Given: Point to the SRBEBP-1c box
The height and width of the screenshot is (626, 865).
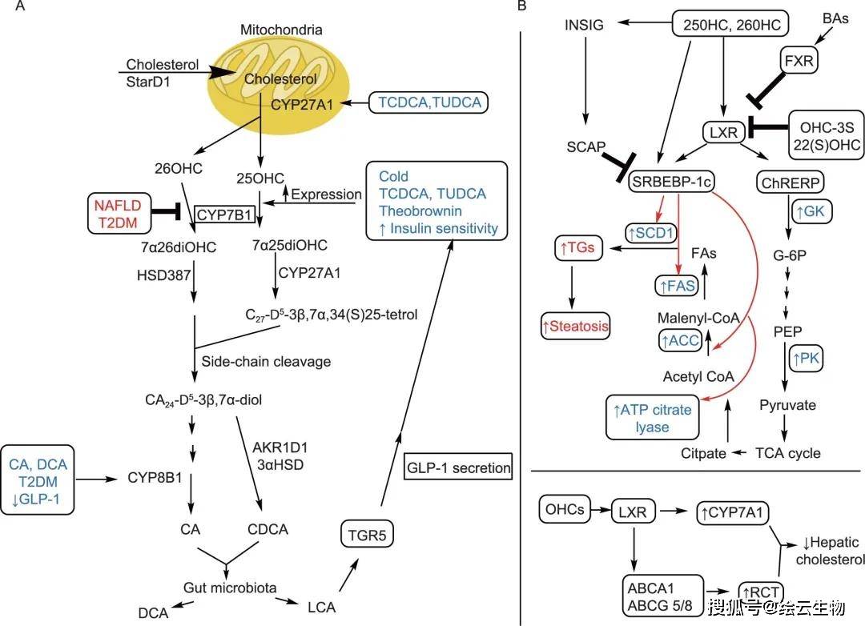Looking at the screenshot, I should [671, 183].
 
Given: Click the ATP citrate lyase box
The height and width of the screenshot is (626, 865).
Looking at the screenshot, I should [653, 419].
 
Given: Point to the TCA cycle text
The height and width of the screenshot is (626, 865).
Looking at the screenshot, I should [789, 453].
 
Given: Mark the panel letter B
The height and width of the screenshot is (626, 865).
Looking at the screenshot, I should [522, 6].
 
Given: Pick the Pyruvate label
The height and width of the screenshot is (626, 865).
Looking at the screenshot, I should [788, 406].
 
